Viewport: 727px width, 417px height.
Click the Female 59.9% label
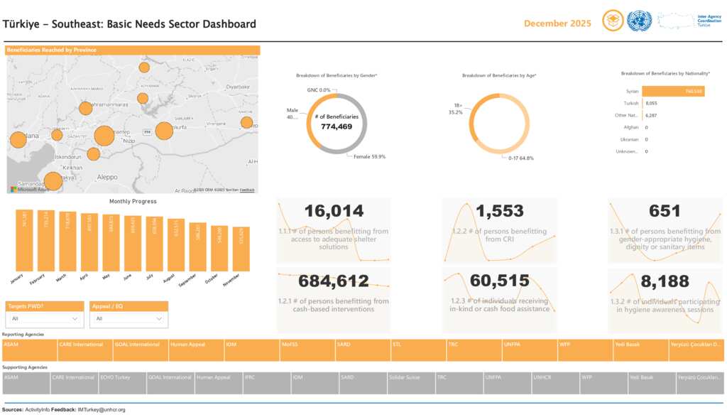tap(369, 157)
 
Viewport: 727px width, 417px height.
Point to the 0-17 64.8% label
tap(520, 158)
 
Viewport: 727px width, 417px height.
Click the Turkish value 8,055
tap(652, 103)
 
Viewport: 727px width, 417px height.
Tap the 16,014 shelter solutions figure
tap(334, 211)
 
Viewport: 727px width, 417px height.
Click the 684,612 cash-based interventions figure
tap(334, 281)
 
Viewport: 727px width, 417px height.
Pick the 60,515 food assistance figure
tap(500, 281)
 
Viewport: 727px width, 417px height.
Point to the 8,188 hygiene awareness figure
tap(665, 281)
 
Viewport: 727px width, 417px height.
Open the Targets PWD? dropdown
tap(45, 320)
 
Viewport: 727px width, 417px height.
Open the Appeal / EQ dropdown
tap(129, 320)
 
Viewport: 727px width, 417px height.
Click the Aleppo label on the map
tap(107, 177)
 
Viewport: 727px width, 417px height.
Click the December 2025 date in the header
tap(557, 23)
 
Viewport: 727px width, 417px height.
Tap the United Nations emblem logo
tap(639, 21)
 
